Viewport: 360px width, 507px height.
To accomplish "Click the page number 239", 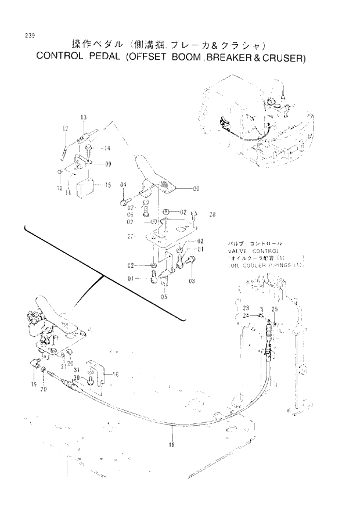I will (x=30, y=36).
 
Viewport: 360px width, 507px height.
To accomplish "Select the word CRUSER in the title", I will (x=285, y=58).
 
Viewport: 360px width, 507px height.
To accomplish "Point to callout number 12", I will (x=65, y=128).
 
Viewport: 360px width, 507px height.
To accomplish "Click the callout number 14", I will (x=106, y=149).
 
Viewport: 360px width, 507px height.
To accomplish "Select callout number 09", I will (x=108, y=164).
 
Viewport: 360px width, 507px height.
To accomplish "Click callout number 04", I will (x=123, y=185).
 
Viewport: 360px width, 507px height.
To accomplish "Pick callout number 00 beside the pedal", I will (x=196, y=189).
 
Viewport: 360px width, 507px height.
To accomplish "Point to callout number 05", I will (x=164, y=296).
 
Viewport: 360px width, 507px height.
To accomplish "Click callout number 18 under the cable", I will (x=172, y=445).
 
